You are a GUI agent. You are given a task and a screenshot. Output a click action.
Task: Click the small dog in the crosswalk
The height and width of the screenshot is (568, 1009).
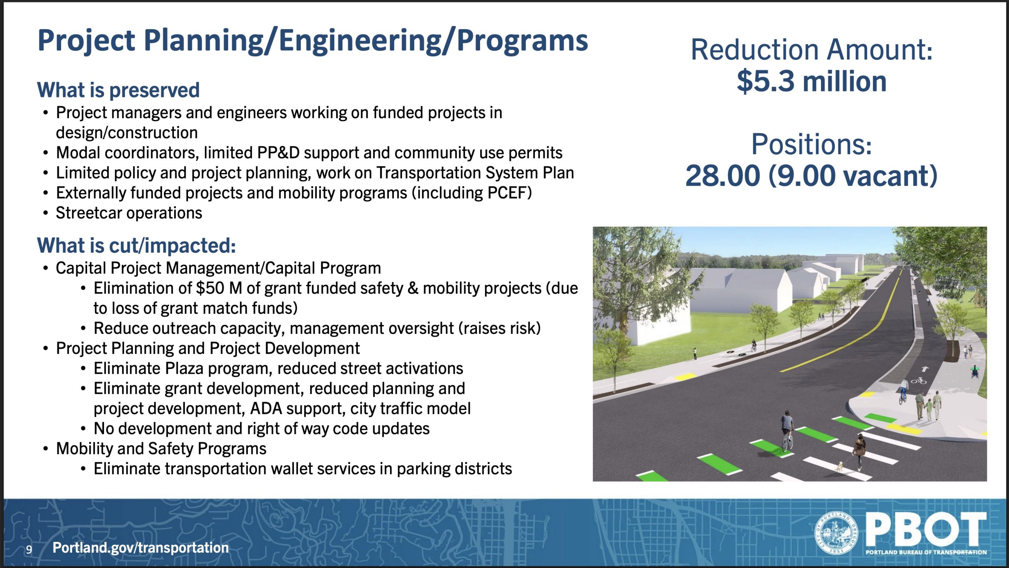tap(838, 466)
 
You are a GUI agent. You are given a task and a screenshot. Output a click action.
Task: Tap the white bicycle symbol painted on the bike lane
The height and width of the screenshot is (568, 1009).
tap(918, 381)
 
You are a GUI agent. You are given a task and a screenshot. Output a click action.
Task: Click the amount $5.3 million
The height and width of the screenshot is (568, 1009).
tap(812, 81)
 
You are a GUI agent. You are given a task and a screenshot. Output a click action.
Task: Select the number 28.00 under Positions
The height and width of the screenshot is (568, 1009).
tap(722, 175)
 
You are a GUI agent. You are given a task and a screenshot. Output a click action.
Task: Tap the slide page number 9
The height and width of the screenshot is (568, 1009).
tap(29, 549)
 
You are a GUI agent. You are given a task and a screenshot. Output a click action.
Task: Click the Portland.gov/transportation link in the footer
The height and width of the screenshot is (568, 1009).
tap(141, 548)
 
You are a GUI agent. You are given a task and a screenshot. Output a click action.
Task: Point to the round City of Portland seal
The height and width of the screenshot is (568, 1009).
tap(835, 533)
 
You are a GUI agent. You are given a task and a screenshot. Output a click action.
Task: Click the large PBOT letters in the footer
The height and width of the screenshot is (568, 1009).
tap(926, 530)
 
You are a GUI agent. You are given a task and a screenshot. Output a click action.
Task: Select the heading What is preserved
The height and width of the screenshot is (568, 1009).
tap(118, 90)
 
